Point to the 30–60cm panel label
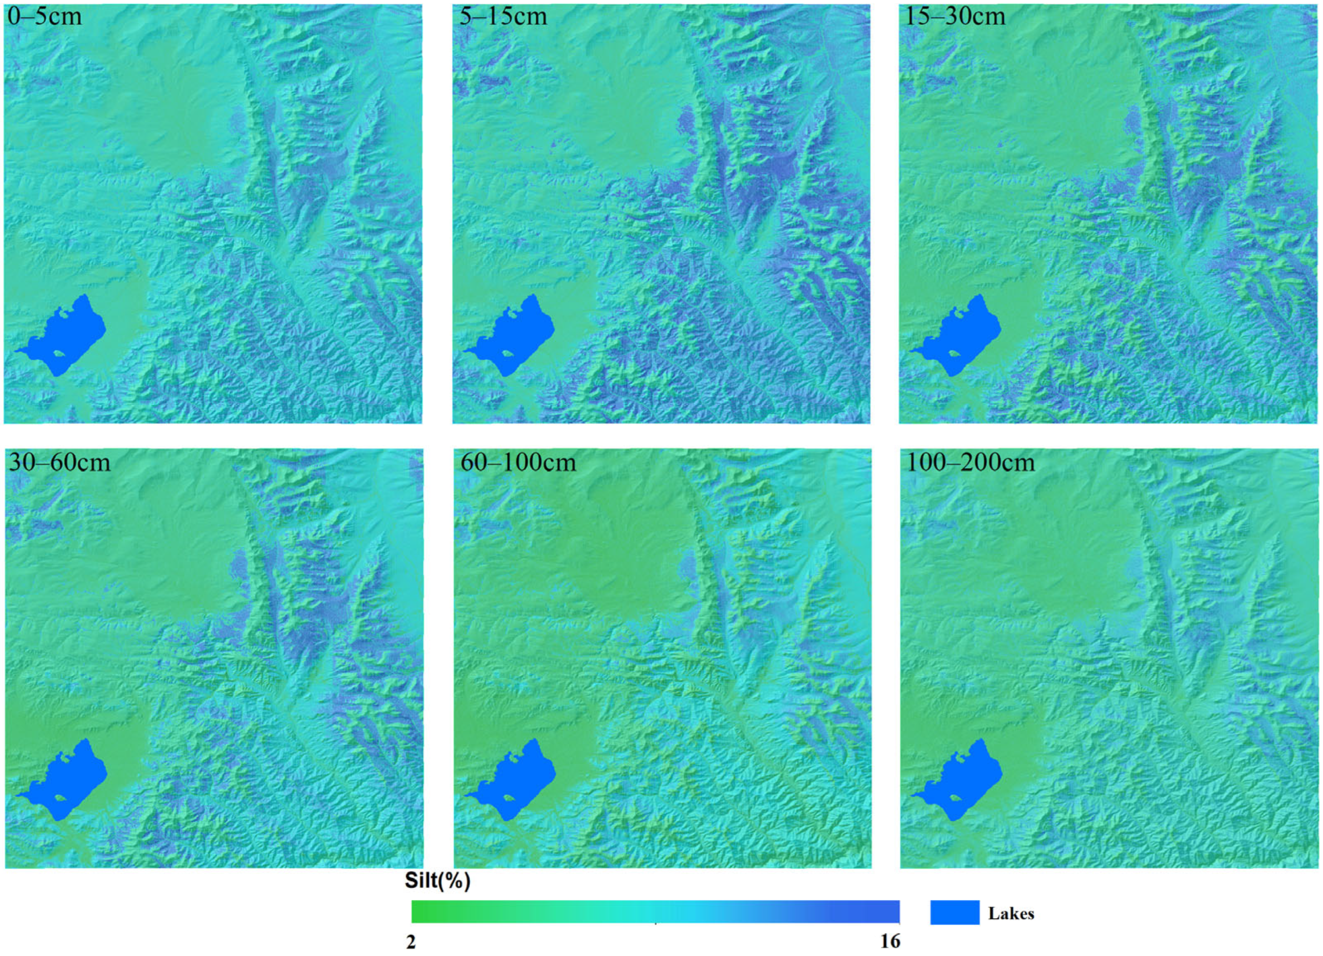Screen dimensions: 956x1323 click(x=59, y=462)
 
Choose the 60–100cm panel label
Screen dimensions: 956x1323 click(x=518, y=462)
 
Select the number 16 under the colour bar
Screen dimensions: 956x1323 click(x=890, y=941)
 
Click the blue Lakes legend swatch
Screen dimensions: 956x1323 click(x=954, y=913)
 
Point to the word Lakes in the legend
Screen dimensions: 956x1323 click(x=1011, y=914)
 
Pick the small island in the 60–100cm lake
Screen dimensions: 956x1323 click(x=508, y=798)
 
